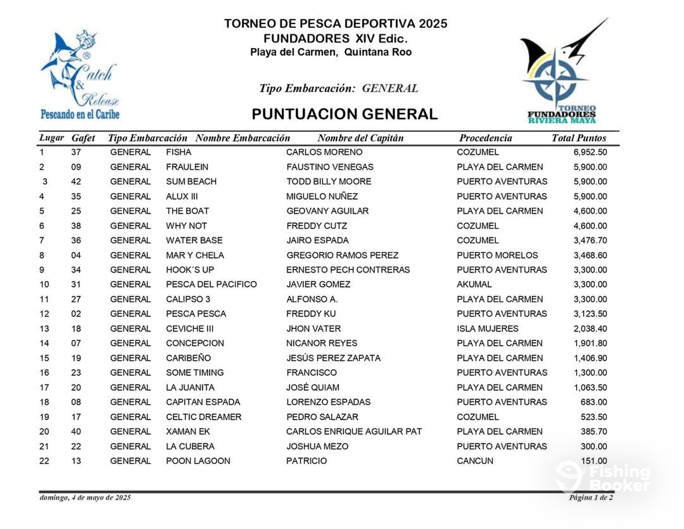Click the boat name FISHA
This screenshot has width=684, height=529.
pos(178,152)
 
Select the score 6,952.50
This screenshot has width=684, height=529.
pos(590,152)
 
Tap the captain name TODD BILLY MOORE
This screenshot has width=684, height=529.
pos(329,182)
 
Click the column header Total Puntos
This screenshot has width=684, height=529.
pos(579,138)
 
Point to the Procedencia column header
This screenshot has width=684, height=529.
pos(485,138)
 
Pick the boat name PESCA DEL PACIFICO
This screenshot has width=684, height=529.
pos(211,285)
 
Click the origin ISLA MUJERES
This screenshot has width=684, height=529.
pos(487,329)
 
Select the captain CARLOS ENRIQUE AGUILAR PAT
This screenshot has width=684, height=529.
pos(354,432)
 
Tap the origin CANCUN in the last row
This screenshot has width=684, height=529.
pos(475,461)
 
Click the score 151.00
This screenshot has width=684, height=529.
pos(594,461)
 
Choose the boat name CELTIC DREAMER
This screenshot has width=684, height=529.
pos(204,417)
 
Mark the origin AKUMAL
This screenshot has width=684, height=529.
pos(474,285)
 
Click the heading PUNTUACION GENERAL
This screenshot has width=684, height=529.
pos(345,114)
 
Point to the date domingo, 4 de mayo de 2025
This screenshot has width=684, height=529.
pos(85,498)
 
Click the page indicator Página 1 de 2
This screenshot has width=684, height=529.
pos(590,498)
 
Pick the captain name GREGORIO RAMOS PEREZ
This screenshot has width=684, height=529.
pos(342,255)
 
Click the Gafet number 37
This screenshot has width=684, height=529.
pos(76,152)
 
